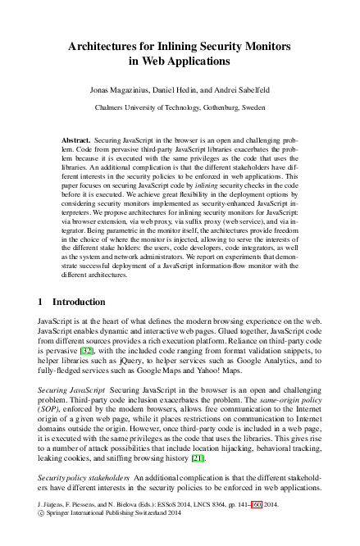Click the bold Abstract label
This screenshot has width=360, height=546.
(76, 141)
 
